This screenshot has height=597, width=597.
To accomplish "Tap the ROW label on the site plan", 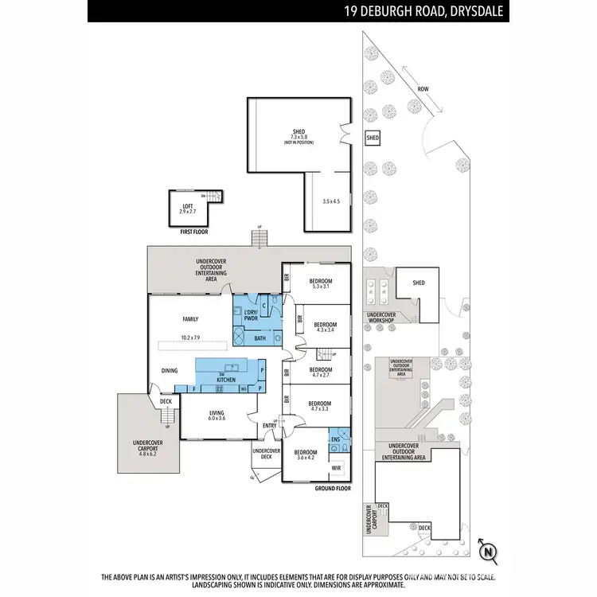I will (x=423, y=89).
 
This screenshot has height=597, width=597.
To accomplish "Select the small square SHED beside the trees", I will (x=373, y=138).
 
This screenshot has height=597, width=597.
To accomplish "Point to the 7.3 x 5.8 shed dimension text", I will (x=299, y=137).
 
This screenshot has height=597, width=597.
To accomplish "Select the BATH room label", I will (x=259, y=338).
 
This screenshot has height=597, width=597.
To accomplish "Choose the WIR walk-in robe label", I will (x=336, y=467).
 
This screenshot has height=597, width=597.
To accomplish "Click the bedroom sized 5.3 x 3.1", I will (x=320, y=284).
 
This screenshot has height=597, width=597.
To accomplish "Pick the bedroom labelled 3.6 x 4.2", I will (x=306, y=455).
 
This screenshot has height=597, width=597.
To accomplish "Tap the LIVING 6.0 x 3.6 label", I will (x=217, y=416).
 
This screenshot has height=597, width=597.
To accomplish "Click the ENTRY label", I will (x=269, y=425).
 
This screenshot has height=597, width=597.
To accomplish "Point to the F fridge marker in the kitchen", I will (x=193, y=388).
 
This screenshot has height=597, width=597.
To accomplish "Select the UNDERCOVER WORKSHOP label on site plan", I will (x=387, y=318).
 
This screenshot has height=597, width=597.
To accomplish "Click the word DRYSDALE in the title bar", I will (x=475, y=11).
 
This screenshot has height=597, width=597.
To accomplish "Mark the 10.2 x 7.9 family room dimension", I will (x=191, y=338).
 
